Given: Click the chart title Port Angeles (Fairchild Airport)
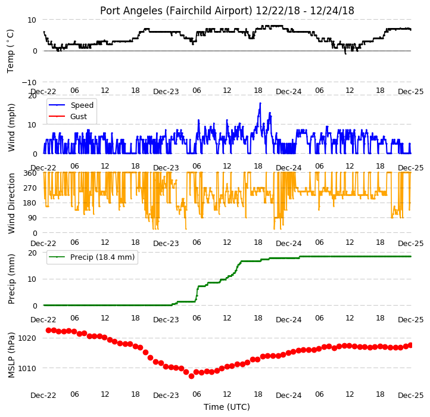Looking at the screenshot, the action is [x=176, y=11].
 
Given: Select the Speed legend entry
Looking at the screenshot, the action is [x=71, y=105].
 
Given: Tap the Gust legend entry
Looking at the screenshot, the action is [x=67, y=116].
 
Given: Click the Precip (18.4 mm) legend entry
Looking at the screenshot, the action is [x=92, y=257].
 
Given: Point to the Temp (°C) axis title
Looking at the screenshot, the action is [x=10, y=51].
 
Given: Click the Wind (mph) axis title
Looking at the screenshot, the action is [x=11, y=127].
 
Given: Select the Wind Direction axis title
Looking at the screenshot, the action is [x=11, y=203].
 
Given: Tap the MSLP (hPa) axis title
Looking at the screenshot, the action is [x=11, y=355].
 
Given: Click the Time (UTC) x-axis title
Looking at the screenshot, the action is [x=227, y=406].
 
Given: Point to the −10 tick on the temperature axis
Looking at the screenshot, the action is [x=29, y=82].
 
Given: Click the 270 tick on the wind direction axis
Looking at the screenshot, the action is [x=30, y=188].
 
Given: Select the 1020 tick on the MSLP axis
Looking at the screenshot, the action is [x=27, y=338].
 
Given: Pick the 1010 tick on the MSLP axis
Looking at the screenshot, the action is [x=27, y=368].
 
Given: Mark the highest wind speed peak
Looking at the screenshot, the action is [x=260, y=103].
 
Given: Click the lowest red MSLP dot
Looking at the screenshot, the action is [x=191, y=376].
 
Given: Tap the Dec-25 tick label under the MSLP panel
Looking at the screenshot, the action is [x=411, y=396].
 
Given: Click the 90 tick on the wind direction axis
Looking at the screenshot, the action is [x=32, y=218].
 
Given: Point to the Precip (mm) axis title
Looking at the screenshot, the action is [x=11, y=279].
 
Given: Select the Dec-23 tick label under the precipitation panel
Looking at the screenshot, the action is [x=166, y=320].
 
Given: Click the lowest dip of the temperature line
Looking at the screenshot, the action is [x=345, y=54].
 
